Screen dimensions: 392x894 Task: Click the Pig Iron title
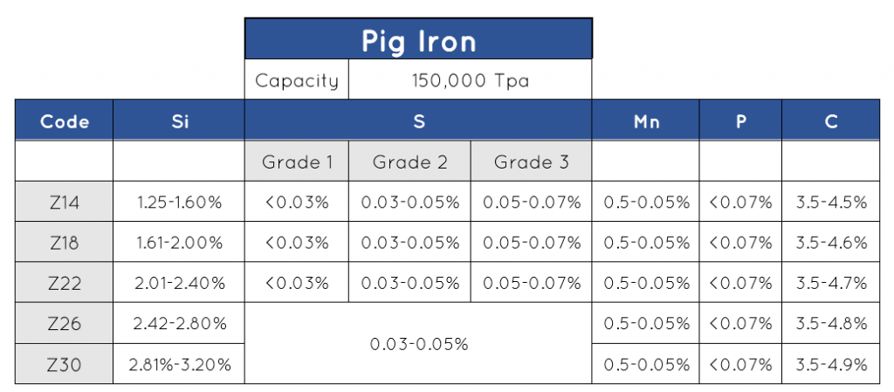tap(418, 40)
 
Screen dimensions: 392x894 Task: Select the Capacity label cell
tap(296, 81)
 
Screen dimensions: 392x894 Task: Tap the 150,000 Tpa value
tap(470, 81)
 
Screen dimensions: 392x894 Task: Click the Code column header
tap(65, 121)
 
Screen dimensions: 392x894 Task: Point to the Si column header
tap(179, 121)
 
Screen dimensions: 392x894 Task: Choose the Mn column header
tap(646, 121)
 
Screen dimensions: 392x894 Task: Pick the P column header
tap(740, 121)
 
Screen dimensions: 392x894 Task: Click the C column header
tap(831, 121)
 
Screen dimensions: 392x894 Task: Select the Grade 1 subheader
tap(297, 162)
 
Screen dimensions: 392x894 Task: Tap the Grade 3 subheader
tap(531, 162)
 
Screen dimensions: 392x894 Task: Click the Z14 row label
tap(65, 203)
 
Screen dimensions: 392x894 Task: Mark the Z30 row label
tap(65, 364)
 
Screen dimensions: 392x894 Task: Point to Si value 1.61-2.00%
tap(179, 243)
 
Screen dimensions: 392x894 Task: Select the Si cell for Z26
tap(179, 323)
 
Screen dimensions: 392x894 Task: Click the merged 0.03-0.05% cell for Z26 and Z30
tap(418, 344)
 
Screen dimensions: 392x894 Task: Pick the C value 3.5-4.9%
tap(831, 364)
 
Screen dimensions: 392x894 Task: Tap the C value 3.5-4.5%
tap(831, 203)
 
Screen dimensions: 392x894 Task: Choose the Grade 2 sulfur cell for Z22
tap(409, 283)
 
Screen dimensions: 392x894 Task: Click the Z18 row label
tap(65, 243)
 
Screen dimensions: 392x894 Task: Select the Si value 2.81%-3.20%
tap(179, 364)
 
